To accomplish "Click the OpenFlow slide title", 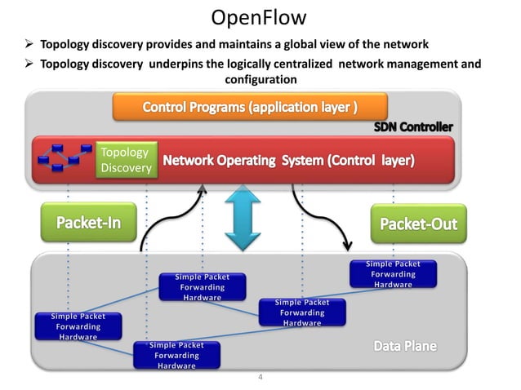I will tap(260, 17).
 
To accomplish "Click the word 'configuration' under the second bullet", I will tap(260, 79).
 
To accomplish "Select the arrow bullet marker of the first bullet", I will tap(30, 44).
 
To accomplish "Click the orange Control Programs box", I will tap(249, 107).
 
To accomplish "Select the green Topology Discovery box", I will tap(124, 161).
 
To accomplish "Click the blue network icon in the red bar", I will tap(65, 159).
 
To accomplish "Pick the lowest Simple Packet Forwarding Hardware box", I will tap(176, 356).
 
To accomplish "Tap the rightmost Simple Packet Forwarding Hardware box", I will tap(393, 274).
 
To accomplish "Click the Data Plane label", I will tap(405, 347).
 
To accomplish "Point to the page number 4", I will tap(260, 378).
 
